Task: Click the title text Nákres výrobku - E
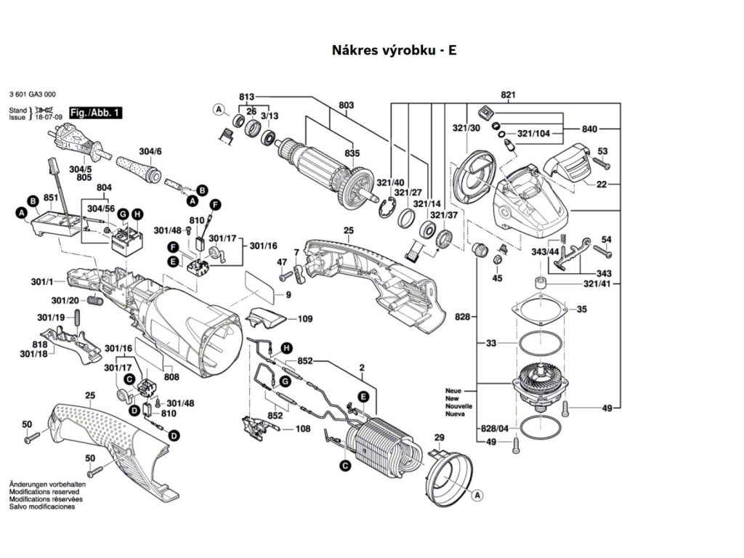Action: point(395,50)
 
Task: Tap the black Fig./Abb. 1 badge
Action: point(96,113)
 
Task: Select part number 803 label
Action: point(345,105)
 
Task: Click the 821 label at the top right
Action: point(508,96)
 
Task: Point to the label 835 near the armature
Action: point(352,154)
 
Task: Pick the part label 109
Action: point(305,318)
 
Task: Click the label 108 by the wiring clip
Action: point(303,429)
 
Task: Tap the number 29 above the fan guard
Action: point(439,437)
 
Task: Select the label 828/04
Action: point(496,429)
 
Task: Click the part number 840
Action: point(590,129)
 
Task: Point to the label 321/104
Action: point(534,134)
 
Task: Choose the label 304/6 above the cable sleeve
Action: point(150,152)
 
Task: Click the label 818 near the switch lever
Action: point(40,344)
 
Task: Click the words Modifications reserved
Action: point(45,492)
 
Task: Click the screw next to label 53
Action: point(602,164)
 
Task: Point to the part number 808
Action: point(171,376)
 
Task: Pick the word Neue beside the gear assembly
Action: point(453,391)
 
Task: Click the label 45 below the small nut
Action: point(497,278)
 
